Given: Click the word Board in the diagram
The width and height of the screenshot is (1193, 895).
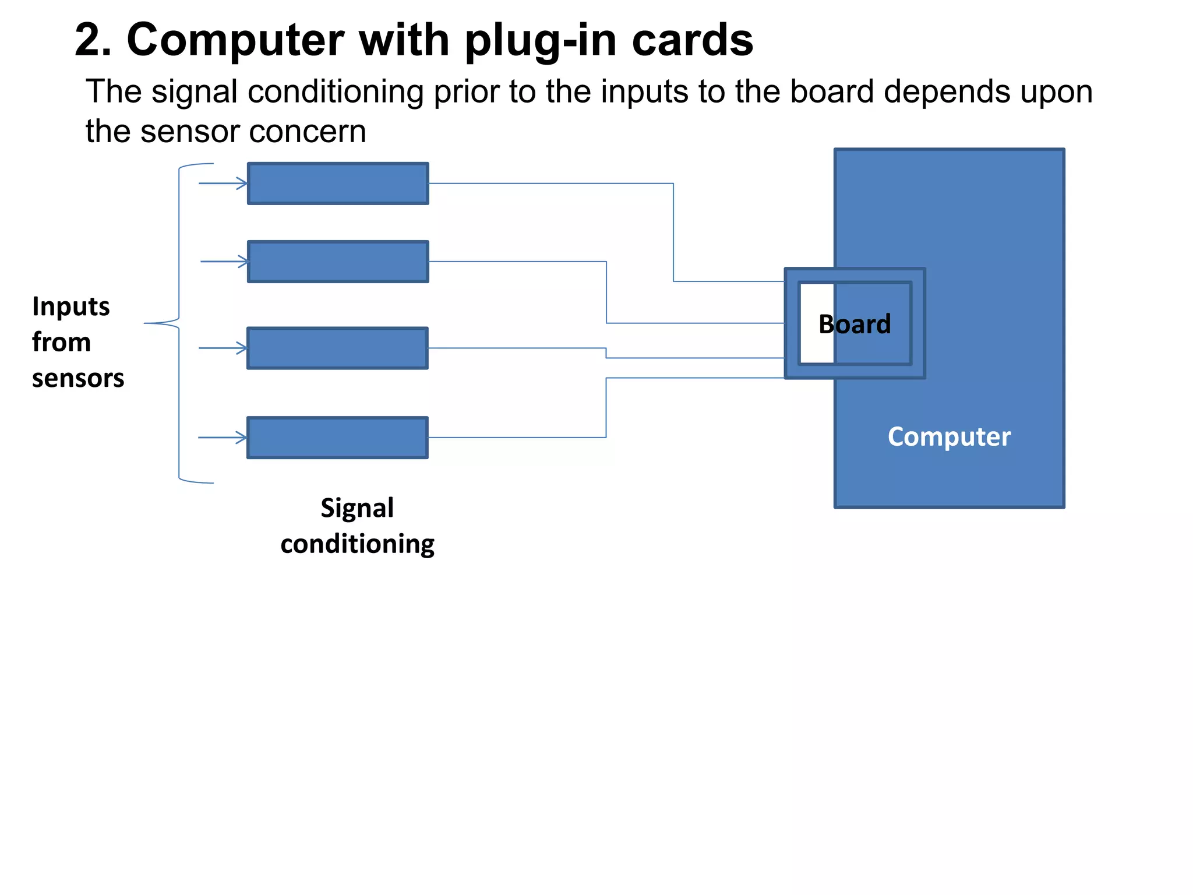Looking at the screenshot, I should [x=854, y=324].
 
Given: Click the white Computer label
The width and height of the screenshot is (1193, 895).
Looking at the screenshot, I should [x=949, y=436].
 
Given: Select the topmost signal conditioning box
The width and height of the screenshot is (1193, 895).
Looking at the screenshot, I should [x=338, y=184].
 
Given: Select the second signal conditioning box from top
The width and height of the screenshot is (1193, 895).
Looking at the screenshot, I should [x=338, y=262].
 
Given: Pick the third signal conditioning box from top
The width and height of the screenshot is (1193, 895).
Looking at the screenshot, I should [x=337, y=348].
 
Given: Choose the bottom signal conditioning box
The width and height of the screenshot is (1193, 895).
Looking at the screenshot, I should [x=337, y=438].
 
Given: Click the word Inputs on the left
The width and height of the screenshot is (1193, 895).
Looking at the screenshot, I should [x=70, y=307].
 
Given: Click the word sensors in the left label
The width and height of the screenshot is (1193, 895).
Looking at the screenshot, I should [x=78, y=378].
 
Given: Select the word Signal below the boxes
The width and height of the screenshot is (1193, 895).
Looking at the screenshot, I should [x=357, y=508].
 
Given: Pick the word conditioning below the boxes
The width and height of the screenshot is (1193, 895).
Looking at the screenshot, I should [x=357, y=544].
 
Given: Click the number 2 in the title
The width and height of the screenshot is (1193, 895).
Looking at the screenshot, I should [x=92, y=40].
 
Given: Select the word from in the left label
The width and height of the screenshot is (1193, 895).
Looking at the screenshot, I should [x=61, y=342].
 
